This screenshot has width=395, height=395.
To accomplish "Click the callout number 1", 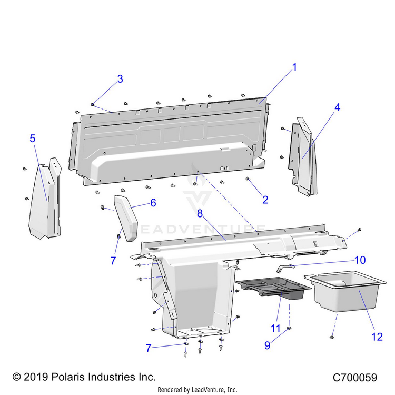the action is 294,67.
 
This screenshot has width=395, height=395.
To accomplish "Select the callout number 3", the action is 120,79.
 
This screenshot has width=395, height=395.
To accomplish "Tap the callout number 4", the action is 337,107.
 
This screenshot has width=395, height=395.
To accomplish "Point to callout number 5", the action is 33,139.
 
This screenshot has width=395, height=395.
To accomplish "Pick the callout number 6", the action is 153,203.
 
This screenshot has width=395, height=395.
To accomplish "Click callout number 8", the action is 200,214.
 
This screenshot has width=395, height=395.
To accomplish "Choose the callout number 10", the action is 360,260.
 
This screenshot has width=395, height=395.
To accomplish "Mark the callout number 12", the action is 377,337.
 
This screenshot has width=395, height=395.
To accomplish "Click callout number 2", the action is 265,200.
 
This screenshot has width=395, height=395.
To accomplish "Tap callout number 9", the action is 267,345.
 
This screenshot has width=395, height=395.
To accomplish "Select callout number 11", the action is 275,329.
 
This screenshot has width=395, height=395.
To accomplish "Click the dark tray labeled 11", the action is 273,288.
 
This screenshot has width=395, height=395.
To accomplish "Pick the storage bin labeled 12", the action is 345,291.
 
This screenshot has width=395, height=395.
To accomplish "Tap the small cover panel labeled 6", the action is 126,218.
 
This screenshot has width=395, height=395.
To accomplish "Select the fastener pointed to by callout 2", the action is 248,179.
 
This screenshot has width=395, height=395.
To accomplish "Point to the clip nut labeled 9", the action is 289,328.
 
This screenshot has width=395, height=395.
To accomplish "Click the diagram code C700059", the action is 354,378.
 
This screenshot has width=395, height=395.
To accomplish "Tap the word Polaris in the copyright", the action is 67,377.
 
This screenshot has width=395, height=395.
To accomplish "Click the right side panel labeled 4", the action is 303,157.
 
